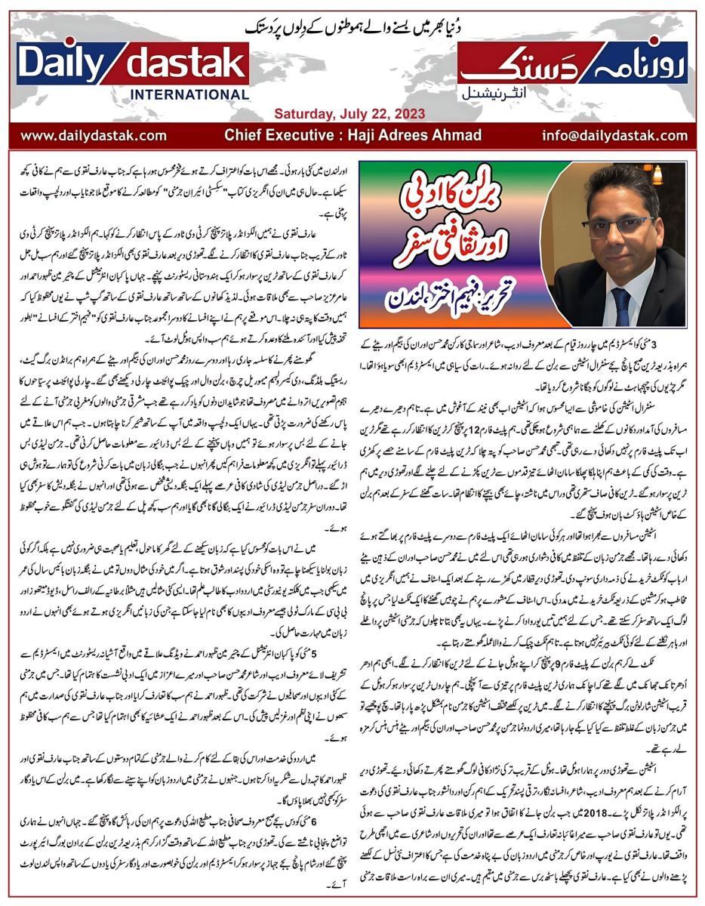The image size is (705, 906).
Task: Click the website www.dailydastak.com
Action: (x=93, y=136)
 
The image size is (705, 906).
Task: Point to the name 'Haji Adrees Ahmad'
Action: (x=416, y=136)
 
